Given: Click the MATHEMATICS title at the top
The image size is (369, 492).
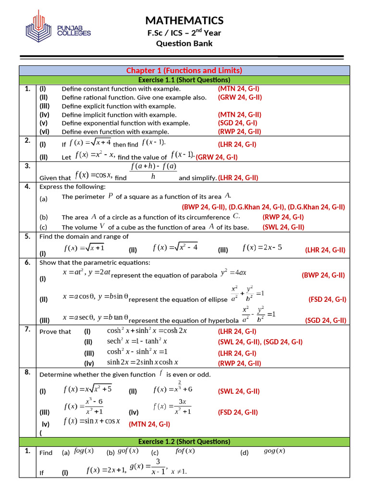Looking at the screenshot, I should click(184, 20).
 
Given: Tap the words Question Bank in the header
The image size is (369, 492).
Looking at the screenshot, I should click(184, 44).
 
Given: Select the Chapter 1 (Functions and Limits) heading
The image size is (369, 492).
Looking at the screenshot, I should click(184, 71).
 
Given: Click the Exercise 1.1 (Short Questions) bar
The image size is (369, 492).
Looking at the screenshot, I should click(184, 80).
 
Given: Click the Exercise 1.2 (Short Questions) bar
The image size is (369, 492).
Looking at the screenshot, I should click(184, 442).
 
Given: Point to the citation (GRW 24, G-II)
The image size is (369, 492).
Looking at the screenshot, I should click(239, 97).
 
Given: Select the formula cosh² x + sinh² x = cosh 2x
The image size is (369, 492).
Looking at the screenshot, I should click(147, 331).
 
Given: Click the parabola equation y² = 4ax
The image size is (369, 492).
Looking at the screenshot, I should click(234, 273).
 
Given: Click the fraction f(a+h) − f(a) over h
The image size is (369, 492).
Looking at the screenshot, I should click(154, 171).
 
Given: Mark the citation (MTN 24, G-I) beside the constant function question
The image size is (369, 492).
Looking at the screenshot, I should click(238, 88).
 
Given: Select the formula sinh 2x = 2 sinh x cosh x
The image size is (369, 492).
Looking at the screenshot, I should click(143, 362).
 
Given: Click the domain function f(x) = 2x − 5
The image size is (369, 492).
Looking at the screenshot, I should click(262, 248).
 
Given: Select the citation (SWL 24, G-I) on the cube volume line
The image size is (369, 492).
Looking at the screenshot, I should click(283, 227).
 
